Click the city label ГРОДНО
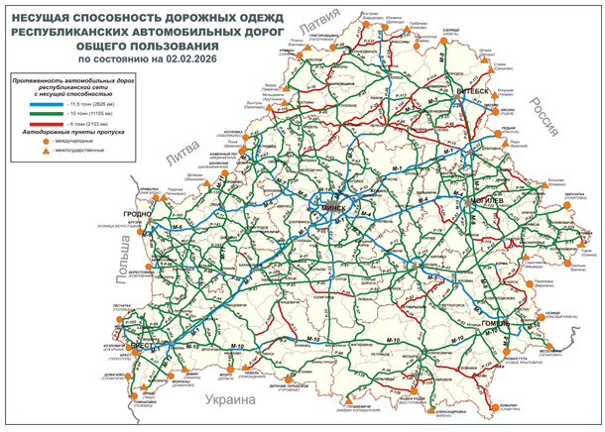[136, 213]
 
